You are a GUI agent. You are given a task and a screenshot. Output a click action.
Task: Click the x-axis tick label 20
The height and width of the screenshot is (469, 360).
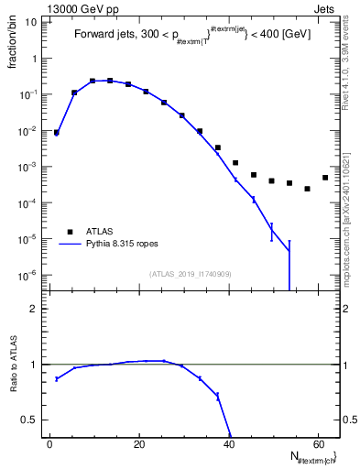[x=139, y=444]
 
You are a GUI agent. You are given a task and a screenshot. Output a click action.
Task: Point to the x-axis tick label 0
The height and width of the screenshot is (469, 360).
[x=50, y=444]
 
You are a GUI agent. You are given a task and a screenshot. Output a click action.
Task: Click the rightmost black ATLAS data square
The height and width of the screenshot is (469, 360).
[x=325, y=178]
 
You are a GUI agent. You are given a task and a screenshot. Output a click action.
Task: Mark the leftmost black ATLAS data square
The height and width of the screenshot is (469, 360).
[x=56, y=133]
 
